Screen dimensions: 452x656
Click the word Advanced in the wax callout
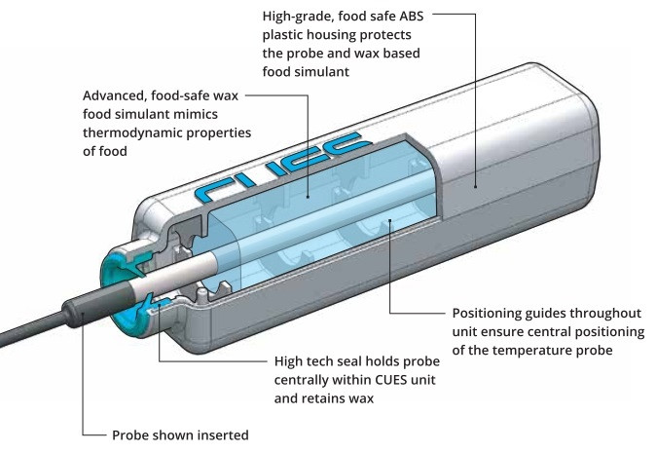tap(118, 96)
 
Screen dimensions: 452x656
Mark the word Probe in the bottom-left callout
tap(133, 434)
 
